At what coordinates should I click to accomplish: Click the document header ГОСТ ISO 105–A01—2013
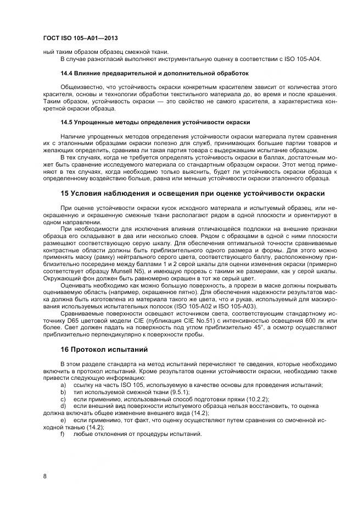[x=80, y=38]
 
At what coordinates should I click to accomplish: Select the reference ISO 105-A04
[x=305, y=59]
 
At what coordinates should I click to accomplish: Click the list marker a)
[x=63, y=385]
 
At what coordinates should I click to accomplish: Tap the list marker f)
[x=63, y=434]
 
